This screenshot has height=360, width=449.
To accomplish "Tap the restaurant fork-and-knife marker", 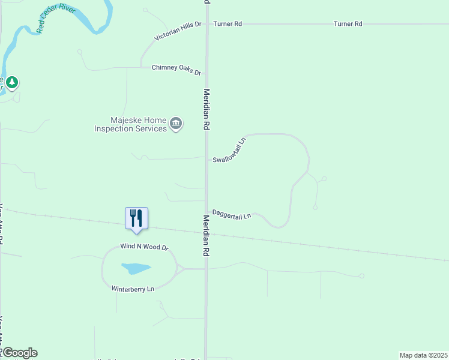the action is [136, 218].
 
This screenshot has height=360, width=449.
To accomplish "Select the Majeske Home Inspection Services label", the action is [130, 124].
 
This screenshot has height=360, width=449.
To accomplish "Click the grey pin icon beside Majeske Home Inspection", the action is [176, 124].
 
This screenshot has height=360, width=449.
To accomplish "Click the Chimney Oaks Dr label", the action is [176, 70].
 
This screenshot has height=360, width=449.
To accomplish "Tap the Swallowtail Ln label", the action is [230, 150].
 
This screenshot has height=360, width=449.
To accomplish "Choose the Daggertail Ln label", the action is [231, 214].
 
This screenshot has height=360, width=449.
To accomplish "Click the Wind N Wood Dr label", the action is [145, 247].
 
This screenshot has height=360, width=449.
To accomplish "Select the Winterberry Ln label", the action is [133, 289].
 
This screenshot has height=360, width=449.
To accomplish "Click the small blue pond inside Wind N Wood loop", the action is [136, 268].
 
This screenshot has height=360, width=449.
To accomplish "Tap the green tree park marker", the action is [12, 82].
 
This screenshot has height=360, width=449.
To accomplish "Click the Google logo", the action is [19, 353].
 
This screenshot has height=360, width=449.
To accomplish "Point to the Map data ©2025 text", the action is [423, 355].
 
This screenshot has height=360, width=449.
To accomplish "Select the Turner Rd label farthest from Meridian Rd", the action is [348, 24].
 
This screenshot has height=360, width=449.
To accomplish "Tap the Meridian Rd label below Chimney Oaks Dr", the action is [206, 110].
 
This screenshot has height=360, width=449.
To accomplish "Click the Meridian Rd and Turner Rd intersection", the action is [206, 24].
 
